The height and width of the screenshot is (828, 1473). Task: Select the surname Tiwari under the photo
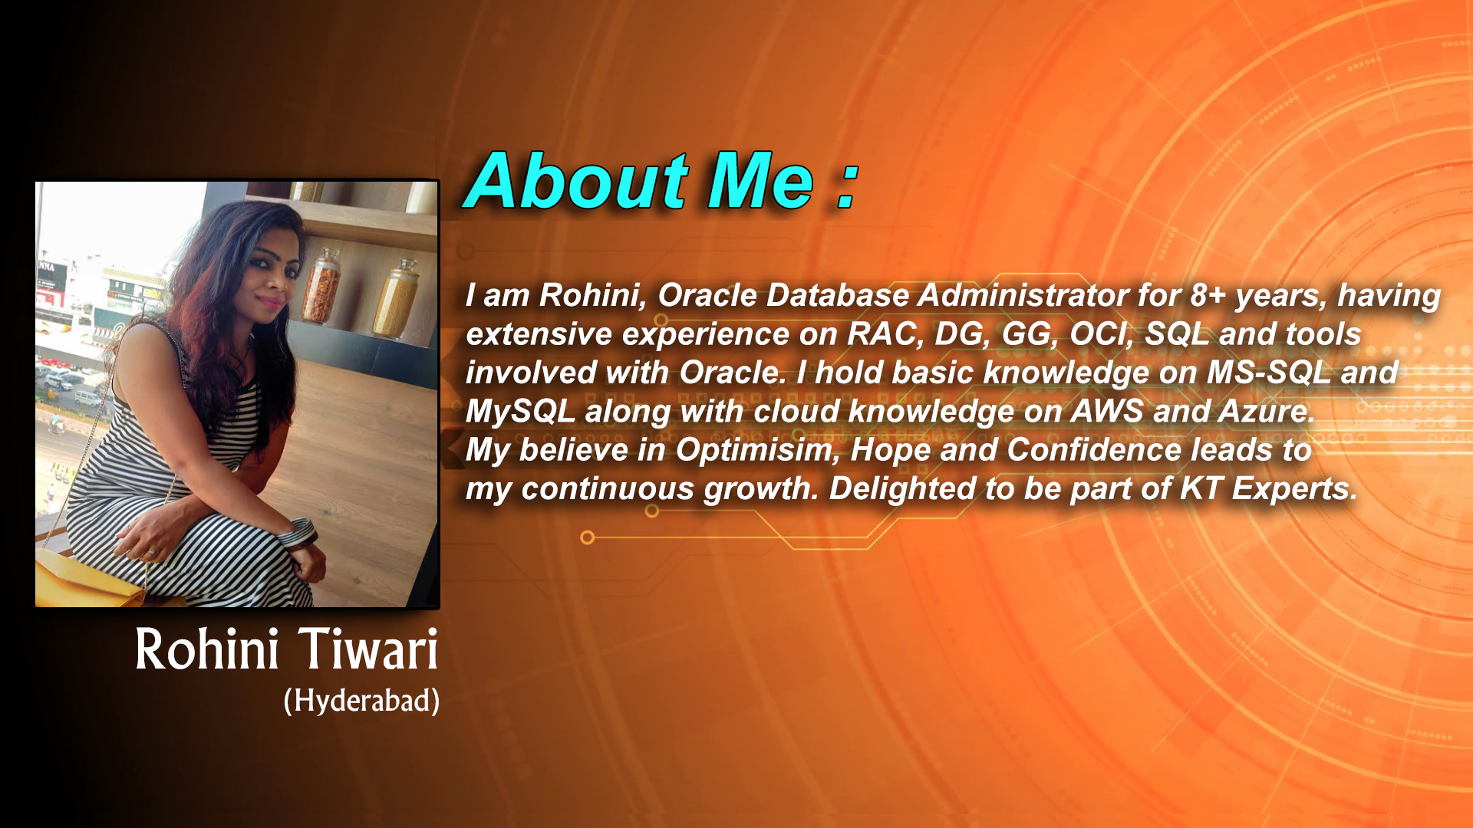(x=367, y=649)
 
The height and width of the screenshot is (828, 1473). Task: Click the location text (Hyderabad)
(x=361, y=700)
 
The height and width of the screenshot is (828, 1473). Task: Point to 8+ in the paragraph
(x=1208, y=295)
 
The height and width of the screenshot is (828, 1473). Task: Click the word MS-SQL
(x=1269, y=373)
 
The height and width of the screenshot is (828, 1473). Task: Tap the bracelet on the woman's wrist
(x=298, y=532)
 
